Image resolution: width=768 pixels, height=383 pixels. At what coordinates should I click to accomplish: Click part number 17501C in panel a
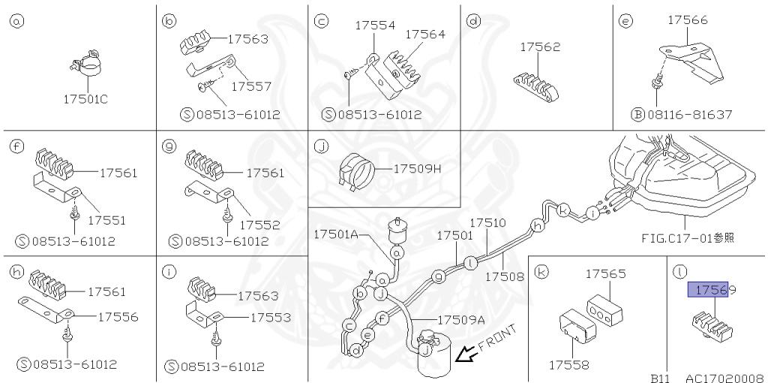tap(85, 98)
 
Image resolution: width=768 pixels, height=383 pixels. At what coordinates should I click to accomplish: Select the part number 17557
tap(251, 86)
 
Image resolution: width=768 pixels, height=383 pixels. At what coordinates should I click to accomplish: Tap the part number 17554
tap(375, 26)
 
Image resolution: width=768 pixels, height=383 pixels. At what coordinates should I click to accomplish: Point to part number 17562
tap(540, 47)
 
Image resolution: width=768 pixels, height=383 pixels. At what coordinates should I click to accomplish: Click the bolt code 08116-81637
tap(688, 115)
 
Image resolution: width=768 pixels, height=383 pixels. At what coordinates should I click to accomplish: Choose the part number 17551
tap(106, 221)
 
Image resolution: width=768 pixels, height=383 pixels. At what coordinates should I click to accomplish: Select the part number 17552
tap(260, 224)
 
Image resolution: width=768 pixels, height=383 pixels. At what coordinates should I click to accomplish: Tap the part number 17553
tap(271, 317)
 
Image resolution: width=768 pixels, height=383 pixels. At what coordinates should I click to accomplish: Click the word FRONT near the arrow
tap(497, 338)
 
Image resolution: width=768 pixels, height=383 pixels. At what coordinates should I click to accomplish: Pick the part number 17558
tap(568, 365)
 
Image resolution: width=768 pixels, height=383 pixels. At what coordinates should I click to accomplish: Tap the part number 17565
tap(605, 274)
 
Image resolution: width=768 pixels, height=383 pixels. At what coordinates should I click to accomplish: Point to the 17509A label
tap(462, 318)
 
